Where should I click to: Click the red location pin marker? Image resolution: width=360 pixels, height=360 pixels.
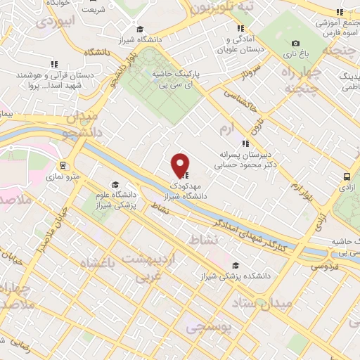(x=180, y=164)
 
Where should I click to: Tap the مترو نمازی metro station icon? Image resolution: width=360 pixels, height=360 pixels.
(x=63, y=166)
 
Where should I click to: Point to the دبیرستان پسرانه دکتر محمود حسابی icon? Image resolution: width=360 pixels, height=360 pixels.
(x=245, y=143)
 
